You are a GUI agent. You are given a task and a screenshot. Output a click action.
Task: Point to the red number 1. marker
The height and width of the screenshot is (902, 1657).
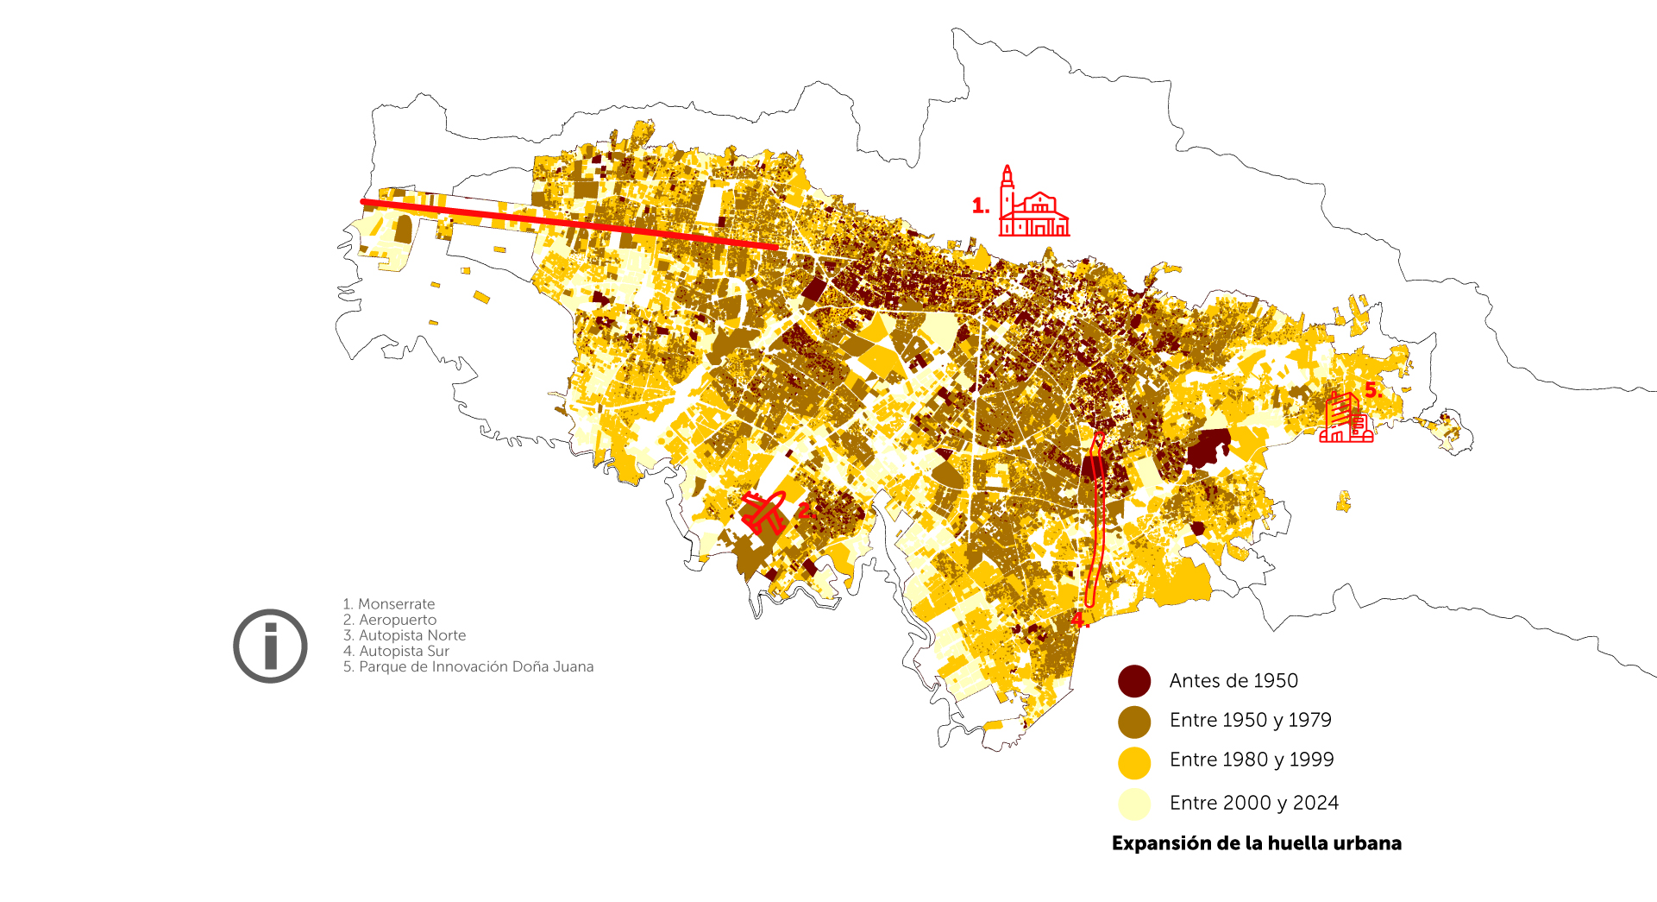tap(980, 206)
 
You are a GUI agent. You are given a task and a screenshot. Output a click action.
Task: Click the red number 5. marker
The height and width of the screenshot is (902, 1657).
tap(1373, 390)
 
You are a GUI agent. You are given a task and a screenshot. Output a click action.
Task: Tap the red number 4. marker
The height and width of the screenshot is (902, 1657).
tap(1079, 620)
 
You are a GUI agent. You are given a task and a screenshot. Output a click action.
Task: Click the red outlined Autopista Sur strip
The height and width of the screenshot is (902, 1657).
tap(1097, 518)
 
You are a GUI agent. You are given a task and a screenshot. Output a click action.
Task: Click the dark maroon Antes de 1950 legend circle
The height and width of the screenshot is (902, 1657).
tap(1134, 681)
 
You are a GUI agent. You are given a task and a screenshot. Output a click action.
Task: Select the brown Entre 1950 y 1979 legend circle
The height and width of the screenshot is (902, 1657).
tap(1134, 722)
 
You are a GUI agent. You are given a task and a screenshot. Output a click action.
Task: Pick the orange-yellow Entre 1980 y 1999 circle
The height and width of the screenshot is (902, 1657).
tap(1134, 762)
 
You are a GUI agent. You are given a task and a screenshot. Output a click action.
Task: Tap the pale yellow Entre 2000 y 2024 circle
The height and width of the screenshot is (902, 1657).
tap(1134, 804)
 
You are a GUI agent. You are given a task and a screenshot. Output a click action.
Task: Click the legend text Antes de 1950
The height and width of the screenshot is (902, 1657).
tap(1233, 681)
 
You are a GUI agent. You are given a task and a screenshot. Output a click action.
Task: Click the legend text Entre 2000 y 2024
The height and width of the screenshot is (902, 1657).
tap(1253, 803)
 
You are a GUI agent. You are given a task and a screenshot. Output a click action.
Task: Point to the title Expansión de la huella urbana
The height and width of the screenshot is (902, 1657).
tap(1256, 843)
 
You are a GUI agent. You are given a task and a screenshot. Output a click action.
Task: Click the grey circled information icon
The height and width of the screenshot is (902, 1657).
tap(270, 646)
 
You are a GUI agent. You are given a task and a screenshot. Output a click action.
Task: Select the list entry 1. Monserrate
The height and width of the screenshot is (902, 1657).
tap(389, 604)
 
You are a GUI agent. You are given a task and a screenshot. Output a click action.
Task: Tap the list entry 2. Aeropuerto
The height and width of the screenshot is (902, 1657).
tap(390, 620)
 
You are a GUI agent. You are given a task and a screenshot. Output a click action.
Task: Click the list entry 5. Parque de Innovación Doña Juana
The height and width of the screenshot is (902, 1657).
tap(468, 666)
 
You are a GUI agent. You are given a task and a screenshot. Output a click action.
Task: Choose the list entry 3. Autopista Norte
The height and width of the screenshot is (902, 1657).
tap(405, 635)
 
